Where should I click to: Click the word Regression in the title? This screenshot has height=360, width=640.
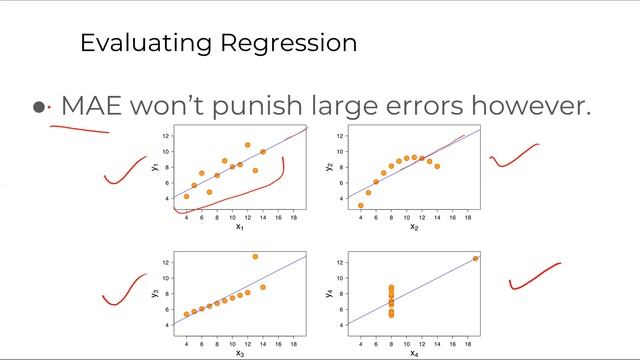tap(290, 43)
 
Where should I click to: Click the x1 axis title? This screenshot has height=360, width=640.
tap(240, 226)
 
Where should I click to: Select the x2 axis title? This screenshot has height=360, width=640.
tap(413, 226)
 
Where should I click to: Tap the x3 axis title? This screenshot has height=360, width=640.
tap(240, 352)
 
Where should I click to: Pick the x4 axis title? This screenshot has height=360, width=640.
tap(413, 352)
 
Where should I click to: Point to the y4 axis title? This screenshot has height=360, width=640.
tap(330, 293)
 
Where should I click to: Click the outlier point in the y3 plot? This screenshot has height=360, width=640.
tap(255, 257)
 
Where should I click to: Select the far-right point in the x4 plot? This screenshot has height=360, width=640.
tap(475, 258)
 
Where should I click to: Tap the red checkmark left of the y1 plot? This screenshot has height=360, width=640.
tap(126, 170)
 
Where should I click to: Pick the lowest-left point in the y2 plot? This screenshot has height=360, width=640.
tap(360, 205)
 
